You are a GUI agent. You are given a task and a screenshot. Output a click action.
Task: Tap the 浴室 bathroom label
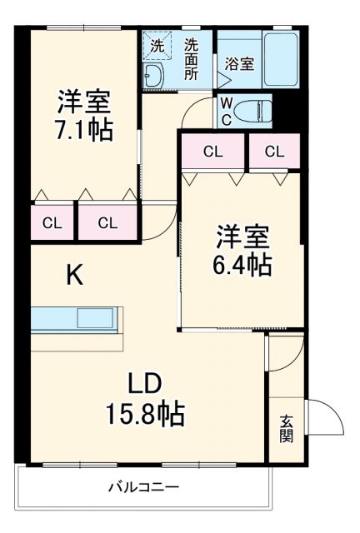click(x=239, y=63)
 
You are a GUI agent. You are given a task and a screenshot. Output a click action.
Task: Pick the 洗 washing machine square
click(x=157, y=44)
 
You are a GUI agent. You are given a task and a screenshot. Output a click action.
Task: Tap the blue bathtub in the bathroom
click(x=281, y=59)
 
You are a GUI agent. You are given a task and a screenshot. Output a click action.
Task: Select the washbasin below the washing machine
click(x=155, y=77)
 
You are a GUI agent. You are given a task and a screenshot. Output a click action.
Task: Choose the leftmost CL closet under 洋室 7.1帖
click(x=52, y=222)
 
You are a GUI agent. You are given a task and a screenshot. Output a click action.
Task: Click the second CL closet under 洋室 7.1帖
click(x=107, y=222)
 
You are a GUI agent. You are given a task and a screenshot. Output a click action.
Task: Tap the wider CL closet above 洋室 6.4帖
click(x=213, y=152)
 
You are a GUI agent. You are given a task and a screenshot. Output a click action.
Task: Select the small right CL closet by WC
click(x=274, y=152)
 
